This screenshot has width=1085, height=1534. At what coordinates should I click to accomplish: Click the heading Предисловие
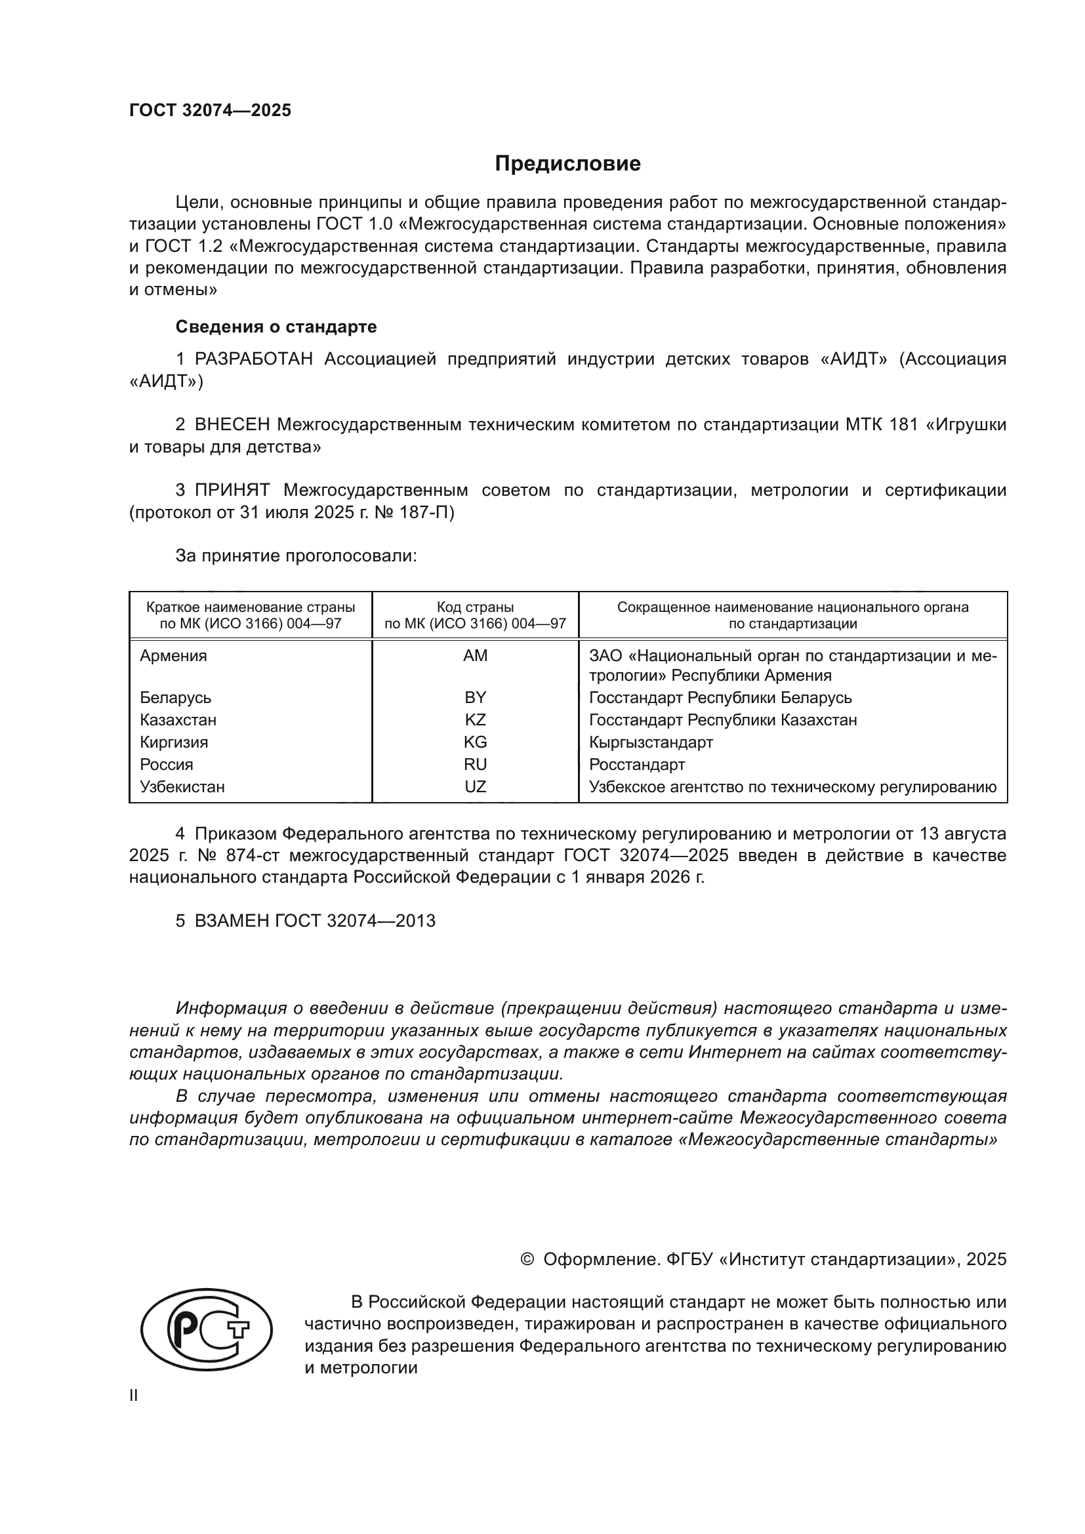coord(567,164)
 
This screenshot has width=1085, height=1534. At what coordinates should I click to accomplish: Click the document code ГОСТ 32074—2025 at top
coord(211,111)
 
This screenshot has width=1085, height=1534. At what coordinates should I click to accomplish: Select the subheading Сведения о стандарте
coord(276,327)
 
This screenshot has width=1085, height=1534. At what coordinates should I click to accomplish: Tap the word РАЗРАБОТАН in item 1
coord(254,359)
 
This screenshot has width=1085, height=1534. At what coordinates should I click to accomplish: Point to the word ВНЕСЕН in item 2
coord(232,425)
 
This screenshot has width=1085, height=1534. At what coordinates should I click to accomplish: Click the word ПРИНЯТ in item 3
coord(232,491)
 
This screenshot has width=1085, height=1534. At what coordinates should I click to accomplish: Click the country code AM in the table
coord(475,656)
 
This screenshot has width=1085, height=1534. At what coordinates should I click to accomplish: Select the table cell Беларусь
coord(176,698)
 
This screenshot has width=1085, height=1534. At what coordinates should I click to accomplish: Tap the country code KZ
coord(475,720)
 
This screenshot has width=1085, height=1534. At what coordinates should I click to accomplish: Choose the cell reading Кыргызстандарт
coord(651,742)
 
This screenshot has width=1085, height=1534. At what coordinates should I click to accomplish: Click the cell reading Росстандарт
coord(637,764)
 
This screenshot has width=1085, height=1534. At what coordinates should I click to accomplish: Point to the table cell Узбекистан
coord(182,787)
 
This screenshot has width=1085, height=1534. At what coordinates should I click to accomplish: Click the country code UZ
coord(475,787)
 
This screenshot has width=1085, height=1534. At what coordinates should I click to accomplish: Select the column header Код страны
coord(475,607)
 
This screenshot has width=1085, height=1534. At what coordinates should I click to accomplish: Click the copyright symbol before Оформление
coord(527,1259)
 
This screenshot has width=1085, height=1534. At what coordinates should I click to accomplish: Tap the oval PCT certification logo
coord(207,1329)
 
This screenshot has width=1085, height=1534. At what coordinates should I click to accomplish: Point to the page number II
coord(134,1396)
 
